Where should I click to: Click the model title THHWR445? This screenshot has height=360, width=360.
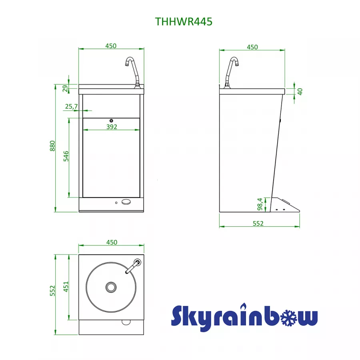coord(184,22)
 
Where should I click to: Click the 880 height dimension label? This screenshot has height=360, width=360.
coord(52,146)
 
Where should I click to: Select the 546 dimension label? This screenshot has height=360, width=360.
coord(66,156)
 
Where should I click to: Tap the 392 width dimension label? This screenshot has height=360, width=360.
coord(112,127)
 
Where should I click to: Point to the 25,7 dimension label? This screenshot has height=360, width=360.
coord(72,106)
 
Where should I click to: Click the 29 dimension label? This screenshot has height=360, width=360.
coord(66,88)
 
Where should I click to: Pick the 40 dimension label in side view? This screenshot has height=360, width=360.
coord(300,92)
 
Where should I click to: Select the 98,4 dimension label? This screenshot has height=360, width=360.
coord(260,204)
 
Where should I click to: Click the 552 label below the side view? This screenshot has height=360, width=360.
coord(258,223)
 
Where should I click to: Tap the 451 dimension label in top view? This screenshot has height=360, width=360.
coord(66,287)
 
